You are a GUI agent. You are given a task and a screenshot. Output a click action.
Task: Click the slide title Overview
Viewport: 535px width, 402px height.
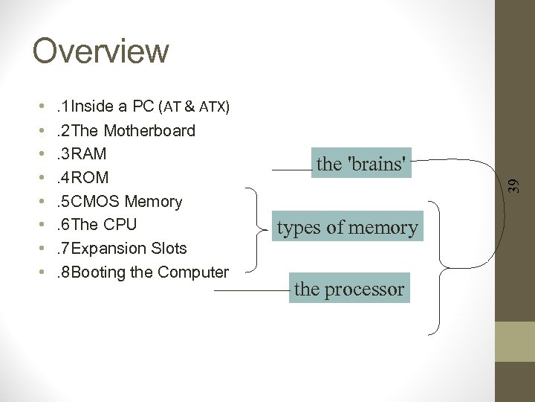coord(101,51)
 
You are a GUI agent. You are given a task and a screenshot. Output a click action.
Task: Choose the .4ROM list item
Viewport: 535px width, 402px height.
coord(82,178)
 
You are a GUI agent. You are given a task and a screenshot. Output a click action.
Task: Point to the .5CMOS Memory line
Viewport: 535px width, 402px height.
coord(120,202)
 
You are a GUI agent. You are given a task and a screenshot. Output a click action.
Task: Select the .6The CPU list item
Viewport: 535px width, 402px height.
coord(97,225)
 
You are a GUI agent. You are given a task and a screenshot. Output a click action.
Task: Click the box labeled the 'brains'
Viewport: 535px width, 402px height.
coord(363,164)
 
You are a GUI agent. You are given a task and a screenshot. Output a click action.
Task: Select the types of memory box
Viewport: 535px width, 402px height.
coord(348,227)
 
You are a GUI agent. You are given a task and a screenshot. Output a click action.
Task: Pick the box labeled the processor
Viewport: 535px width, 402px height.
coord(349,289)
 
